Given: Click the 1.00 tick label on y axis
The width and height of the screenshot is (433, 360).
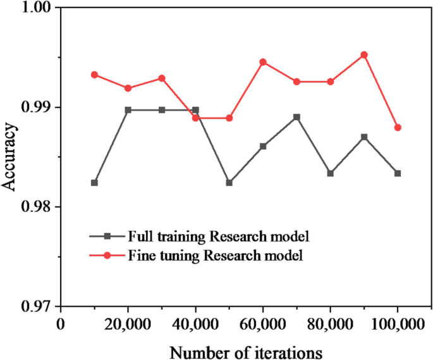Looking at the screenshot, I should coord(37,8).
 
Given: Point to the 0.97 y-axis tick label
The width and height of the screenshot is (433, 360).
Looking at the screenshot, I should coord(37,307).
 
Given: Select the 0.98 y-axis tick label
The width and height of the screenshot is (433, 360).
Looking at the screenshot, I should coord(37,207).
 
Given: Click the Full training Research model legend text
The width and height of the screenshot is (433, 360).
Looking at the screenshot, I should coord(218,237).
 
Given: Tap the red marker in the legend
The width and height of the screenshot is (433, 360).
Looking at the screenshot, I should coord(107,256).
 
